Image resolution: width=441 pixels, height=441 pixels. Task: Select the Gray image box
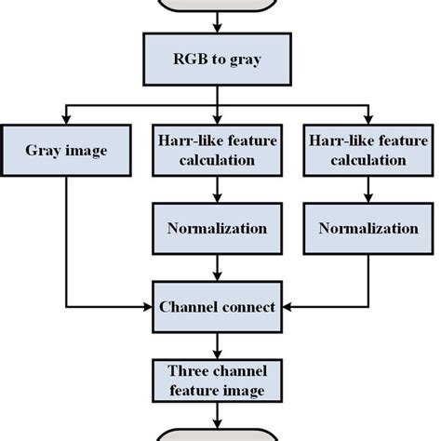point(64,150)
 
